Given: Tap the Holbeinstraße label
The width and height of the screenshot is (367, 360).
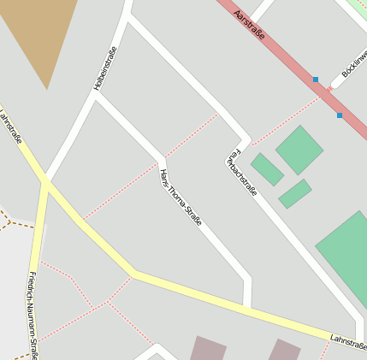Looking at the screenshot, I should (105, 68).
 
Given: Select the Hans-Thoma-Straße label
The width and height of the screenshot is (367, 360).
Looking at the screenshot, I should (181, 198).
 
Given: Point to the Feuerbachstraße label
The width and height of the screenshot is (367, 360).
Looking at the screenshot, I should (241, 173).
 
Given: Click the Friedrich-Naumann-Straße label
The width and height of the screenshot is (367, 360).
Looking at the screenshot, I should (32, 315).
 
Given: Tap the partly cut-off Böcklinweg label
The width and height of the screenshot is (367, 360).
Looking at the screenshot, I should (353, 65).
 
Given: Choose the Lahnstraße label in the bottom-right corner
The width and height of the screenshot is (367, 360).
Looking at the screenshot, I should (348, 341).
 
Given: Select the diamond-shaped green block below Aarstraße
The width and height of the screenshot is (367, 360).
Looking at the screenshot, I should (299, 150).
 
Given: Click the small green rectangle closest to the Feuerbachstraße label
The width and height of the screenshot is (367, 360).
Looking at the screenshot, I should (267, 169).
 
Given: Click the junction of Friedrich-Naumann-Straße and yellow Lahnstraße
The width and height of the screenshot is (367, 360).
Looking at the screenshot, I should (43, 181).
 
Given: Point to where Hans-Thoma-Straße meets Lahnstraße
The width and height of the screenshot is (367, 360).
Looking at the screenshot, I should (246, 304).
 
